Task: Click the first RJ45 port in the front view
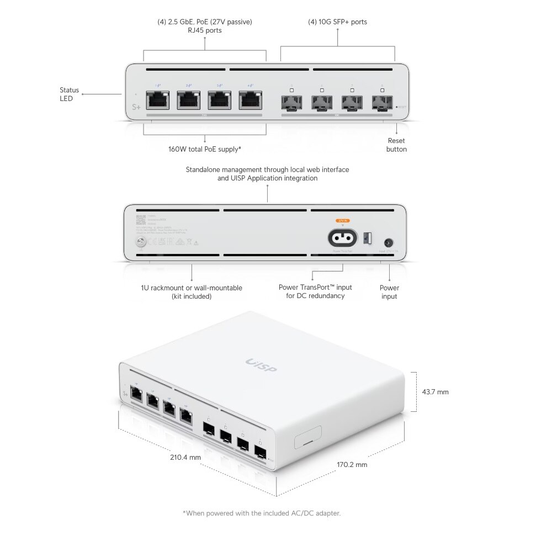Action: point(158,100)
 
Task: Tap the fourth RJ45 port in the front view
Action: point(250,100)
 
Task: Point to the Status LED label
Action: point(70,94)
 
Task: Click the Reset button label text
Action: point(396,145)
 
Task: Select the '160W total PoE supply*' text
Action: point(205,149)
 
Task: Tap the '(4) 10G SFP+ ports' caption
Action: point(337,22)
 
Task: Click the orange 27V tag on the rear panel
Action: point(343,220)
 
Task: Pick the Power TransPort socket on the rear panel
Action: point(343,238)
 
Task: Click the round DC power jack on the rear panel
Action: point(389,242)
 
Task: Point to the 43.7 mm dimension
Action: point(435,392)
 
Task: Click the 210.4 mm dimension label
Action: point(185,457)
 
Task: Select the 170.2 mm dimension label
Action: point(352,465)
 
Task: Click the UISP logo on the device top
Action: point(261,365)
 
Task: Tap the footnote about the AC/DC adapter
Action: point(262,513)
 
